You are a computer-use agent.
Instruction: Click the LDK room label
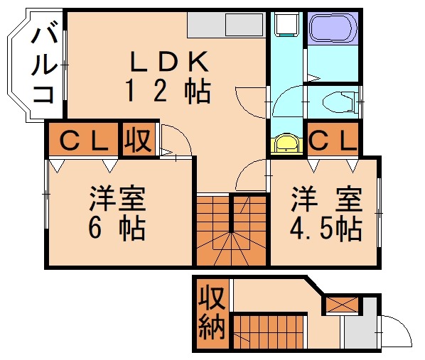point(168,63)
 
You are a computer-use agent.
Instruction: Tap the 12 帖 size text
point(168,92)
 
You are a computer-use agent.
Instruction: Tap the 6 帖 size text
point(118,229)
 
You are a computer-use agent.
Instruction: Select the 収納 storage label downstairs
point(212,313)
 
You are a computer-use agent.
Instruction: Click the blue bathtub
point(330,30)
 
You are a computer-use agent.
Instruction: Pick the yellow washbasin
point(286,143)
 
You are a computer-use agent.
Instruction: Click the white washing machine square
point(286,27)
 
